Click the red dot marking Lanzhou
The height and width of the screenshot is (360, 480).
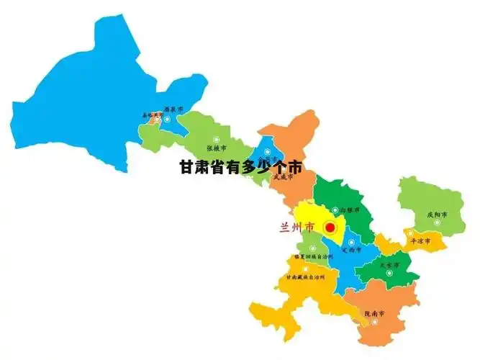[x=330, y=227]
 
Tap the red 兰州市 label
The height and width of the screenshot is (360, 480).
[x=296, y=227]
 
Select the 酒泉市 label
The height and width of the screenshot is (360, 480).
[x=173, y=109]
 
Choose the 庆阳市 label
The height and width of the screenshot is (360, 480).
[x=437, y=215]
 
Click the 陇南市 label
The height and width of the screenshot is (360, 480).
[x=374, y=313]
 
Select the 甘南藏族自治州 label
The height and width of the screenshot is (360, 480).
[x=304, y=276]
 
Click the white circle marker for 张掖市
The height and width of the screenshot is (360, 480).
[x=214, y=140]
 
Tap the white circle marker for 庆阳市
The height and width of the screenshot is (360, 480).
[x=437, y=223]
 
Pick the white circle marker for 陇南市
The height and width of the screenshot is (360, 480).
[x=375, y=322]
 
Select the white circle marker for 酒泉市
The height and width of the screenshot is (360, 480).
[x=167, y=119]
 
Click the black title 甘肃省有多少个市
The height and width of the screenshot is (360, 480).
[x=240, y=167]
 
